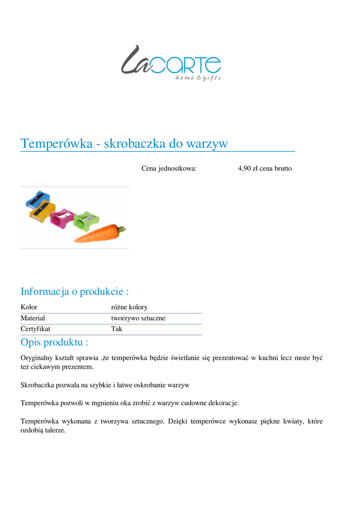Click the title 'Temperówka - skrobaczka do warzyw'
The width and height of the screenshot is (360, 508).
pos(124,144)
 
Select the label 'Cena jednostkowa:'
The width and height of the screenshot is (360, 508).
pos(169,169)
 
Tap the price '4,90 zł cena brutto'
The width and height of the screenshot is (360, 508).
pos(265,169)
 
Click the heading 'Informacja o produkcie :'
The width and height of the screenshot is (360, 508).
pos(74,291)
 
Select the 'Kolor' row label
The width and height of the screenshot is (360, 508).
pos(29,307)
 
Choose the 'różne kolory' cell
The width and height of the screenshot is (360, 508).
pos(129,307)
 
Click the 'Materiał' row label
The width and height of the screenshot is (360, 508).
pos(33,318)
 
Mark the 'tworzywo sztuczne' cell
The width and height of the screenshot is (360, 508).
pos(138,318)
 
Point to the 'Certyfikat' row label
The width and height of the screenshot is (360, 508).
pos(35,329)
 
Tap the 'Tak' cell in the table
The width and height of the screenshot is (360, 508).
pos(117,329)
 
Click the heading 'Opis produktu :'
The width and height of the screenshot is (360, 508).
pos(55,342)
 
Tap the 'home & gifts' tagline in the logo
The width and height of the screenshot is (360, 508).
pos(198,78)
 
